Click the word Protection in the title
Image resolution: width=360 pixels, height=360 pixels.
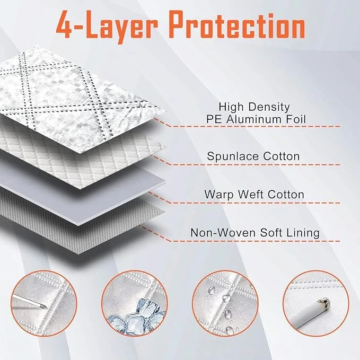[x=238, y=25]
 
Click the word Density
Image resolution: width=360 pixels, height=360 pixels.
[x=269, y=107]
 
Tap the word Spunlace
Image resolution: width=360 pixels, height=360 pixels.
[x=233, y=157]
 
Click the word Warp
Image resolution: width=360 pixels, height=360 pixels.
[x=219, y=195]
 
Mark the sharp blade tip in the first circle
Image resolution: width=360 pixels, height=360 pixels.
[x=47, y=308]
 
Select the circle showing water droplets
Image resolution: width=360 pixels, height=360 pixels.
[x=225, y=303]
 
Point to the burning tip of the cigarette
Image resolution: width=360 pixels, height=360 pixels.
[x=325, y=302]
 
